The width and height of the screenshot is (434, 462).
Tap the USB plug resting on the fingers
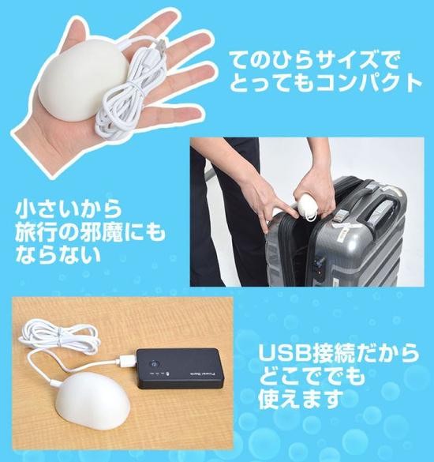pos(160,47)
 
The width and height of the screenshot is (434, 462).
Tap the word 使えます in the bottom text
pos(301,398)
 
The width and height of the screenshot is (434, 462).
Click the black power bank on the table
pos(180,369)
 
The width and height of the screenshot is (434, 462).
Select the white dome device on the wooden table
pos(89,397)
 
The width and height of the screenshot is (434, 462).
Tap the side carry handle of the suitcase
pos(381,212)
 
